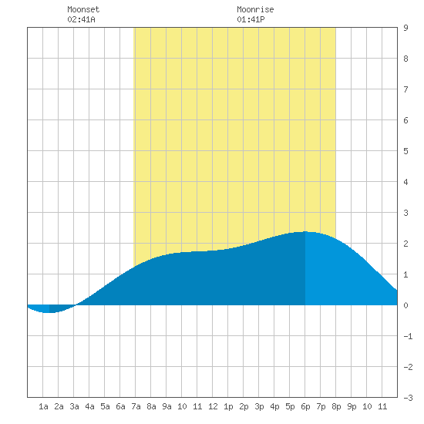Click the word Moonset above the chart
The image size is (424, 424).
pos(83,9)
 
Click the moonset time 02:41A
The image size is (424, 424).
pos(81,19)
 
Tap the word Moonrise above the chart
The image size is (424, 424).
pos(255,9)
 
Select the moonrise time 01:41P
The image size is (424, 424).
pos(251,19)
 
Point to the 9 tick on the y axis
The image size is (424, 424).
pos(405,28)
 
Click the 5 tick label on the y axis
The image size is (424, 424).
pos(405,151)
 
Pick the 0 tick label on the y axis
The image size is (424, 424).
pos(405,305)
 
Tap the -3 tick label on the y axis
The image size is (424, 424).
pos(408,398)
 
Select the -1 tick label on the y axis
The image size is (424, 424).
pos(408,336)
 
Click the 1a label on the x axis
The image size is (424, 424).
pos(43,406)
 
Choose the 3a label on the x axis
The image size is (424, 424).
pos(74,406)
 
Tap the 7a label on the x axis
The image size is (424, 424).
pos(136,406)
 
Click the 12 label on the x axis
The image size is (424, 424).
pos(213,406)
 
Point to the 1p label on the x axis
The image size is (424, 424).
pos(228,406)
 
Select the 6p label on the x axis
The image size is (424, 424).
pos(305,406)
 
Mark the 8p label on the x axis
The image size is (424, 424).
pos(336,406)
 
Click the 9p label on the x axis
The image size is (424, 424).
pos(352,406)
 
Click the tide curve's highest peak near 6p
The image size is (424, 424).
pos(305,232)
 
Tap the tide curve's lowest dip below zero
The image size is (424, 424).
pos(49,312)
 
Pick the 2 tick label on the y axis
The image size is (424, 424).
pos(405,244)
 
